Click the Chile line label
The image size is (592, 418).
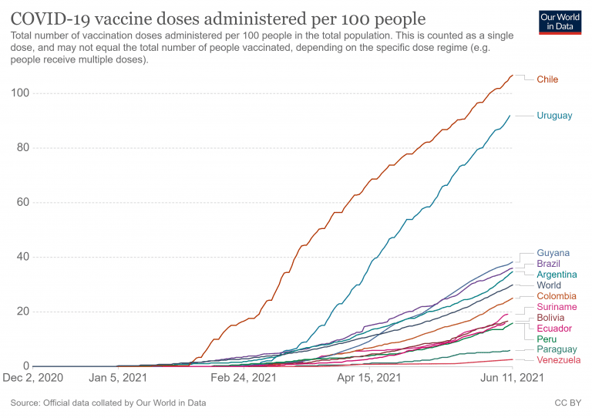pos(547,79)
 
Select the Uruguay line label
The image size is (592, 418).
pos(554,116)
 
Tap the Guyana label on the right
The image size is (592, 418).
pos(553,253)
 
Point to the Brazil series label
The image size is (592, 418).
pos(549,264)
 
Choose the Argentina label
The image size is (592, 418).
pos(557,275)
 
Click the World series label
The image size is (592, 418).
pos(549,285)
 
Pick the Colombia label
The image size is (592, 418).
pos(557,296)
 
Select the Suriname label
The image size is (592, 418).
pos(557,307)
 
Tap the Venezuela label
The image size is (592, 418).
pos(559,360)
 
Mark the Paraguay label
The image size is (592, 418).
pos(557,349)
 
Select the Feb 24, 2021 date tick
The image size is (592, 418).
pos(244,378)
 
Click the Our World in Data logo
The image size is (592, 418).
pos(560,22)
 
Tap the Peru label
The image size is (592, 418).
pos(547,339)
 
